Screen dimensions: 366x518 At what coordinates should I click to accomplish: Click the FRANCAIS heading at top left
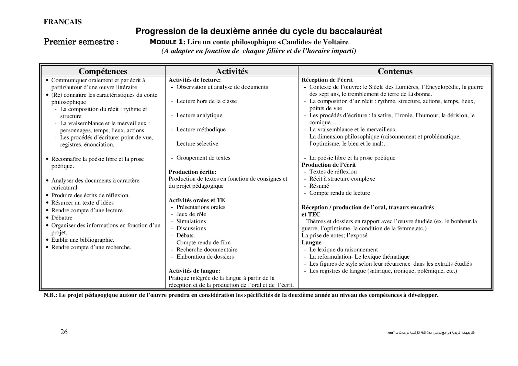click(62, 22)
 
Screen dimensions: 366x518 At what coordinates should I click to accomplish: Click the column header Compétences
click(103, 71)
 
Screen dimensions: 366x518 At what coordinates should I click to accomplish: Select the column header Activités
click(231, 71)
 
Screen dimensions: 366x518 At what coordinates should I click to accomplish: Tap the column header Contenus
click(395, 71)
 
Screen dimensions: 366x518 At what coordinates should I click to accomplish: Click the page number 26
click(64, 332)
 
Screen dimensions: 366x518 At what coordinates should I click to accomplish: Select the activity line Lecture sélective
click(197, 144)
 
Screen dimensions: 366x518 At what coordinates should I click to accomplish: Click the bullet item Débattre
click(62, 218)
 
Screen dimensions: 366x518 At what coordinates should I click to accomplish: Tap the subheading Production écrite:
click(192, 172)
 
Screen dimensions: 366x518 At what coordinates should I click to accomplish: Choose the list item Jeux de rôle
click(191, 214)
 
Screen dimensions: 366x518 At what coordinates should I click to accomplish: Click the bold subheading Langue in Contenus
click(311, 242)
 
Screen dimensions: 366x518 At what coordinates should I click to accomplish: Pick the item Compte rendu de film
click(203, 242)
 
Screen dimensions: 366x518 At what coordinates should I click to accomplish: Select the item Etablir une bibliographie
click(83, 240)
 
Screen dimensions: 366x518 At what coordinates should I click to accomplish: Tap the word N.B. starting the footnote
click(50, 295)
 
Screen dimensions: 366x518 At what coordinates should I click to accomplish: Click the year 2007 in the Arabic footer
click(391, 333)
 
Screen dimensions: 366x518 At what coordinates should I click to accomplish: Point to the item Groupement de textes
click(203, 158)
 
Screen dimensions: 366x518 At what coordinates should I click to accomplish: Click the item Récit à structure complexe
click(342, 179)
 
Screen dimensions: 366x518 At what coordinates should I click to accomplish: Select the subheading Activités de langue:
click(194, 271)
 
